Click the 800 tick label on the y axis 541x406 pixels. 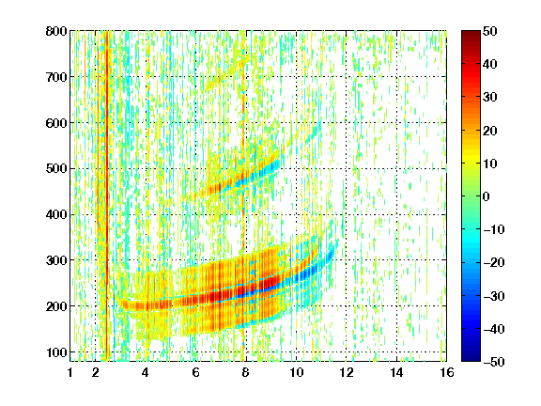tap(56, 31)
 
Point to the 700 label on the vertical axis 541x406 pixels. tap(56, 77)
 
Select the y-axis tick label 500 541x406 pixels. tap(56, 169)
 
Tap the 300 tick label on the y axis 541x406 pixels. tap(56, 260)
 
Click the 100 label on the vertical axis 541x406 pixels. tap(56, 352)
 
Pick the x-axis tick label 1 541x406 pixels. tap(70, 372)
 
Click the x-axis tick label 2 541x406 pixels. tap(96, 372)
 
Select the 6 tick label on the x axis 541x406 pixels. tap(195, 372)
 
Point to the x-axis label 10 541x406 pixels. tap(296, 372)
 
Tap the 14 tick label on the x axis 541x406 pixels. tap(396, 372)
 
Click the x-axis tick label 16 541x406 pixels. tap(447, 372)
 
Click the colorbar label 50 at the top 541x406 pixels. tap(490, 31)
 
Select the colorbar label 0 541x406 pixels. tap(487, 196)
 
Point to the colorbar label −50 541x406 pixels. tap(494, 362)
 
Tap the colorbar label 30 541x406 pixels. tap(490, 98)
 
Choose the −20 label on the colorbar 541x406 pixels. tap(494, 262)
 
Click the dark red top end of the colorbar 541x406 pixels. tap(471, 33)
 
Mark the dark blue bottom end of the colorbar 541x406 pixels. tap(471, 359)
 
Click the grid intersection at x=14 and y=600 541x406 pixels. tap(396, 123)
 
